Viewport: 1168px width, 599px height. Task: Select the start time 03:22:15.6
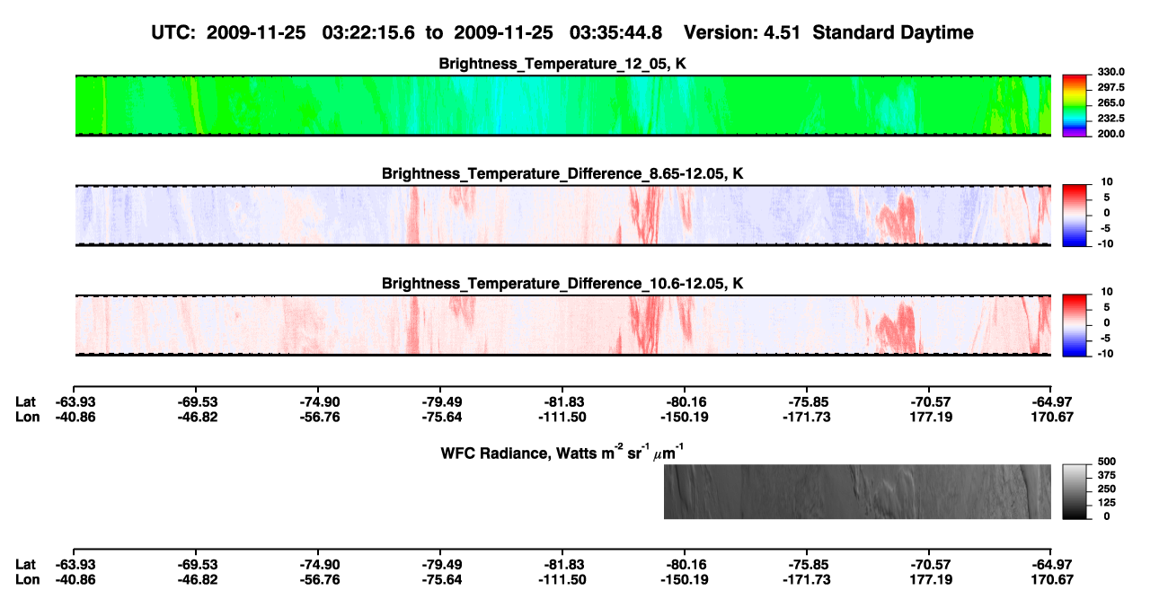point(368,33)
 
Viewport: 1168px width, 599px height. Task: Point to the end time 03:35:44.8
point(615,33)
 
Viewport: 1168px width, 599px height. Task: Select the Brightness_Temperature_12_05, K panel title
point(562,64)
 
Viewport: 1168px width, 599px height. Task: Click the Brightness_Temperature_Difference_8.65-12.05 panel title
point(562,173)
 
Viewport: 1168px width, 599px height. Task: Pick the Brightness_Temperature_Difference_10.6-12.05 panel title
point(562,284)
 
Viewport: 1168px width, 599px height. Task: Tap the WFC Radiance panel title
point(562,453)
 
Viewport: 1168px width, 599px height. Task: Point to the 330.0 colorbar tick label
point(1110,72)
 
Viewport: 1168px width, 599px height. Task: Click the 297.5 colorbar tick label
point(1110,87)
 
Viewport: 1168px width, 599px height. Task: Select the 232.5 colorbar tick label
point(1110,119)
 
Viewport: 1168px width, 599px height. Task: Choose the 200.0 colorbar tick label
point(1110,134)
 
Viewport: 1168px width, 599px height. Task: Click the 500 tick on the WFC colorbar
point(1107,462)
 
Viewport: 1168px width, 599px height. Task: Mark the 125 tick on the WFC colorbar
point(1107,503)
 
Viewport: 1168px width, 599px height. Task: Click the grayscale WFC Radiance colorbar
point(1075,491)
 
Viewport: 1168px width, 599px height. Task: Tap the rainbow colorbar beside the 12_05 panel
point(1075,106)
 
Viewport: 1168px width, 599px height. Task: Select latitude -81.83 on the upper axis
point(562,402)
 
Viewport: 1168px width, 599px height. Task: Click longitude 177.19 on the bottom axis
point(932,580)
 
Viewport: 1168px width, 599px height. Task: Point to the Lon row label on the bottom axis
point(27,580)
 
